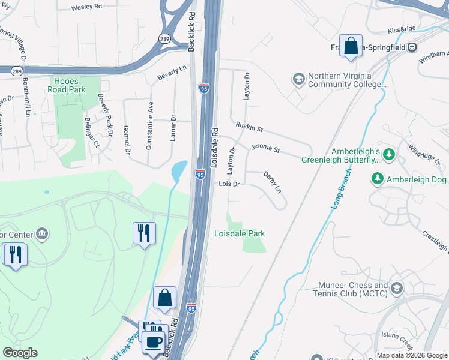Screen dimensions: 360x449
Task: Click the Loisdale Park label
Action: [240, 233]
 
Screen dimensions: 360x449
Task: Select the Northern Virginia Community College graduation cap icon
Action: [298, 79]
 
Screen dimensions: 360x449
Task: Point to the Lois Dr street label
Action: [229, 184]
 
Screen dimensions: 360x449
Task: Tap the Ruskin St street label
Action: [249, 128]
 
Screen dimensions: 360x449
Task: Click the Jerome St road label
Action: [265, 147]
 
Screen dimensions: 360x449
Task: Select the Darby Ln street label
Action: [273, 181]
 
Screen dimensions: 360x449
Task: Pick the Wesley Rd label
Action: [86, 8]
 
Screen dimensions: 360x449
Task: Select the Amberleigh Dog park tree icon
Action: [378, 178]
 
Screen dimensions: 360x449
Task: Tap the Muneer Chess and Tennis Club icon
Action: [396, 289]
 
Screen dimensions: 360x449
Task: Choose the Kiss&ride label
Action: [402, 29]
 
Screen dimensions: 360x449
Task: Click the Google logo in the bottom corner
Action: [20, 353]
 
